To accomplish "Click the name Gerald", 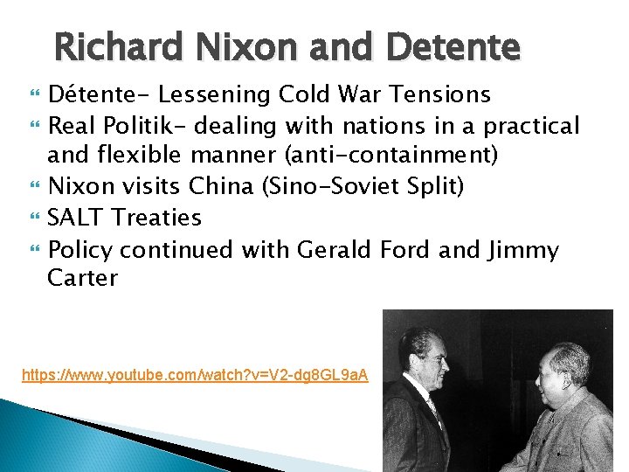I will (x=335, y=250).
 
